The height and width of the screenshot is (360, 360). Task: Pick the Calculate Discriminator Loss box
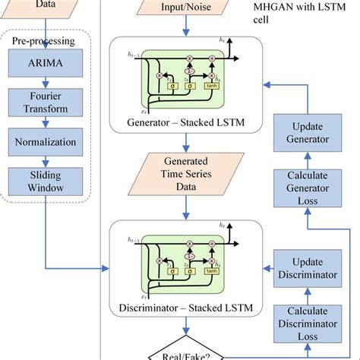(305, 322)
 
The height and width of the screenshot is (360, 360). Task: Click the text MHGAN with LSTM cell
(296, 15)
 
